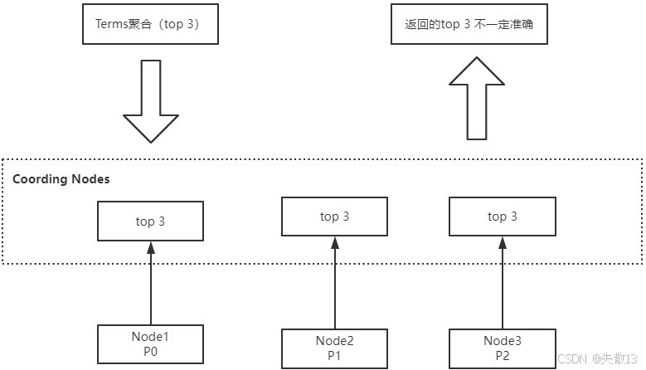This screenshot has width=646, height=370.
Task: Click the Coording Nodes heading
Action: (61, 179)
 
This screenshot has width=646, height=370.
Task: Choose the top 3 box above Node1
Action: (150, 221)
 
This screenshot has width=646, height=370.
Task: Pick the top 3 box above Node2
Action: (334, 217)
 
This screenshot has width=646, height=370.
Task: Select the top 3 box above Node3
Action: (502, 217)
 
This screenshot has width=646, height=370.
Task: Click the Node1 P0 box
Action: (150, 344)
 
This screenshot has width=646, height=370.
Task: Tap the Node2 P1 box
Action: (334, 348)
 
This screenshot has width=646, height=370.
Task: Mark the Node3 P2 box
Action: (503, 348)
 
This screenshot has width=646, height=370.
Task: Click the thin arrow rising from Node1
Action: (150, 282)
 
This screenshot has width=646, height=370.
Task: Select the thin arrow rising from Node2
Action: (334, 282)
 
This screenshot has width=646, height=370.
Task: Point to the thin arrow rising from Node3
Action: (502, 282)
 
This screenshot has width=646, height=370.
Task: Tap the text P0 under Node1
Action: (150, 352)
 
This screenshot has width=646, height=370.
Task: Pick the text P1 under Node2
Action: (334, 356)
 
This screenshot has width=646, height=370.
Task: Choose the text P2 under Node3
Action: (503, 356)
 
